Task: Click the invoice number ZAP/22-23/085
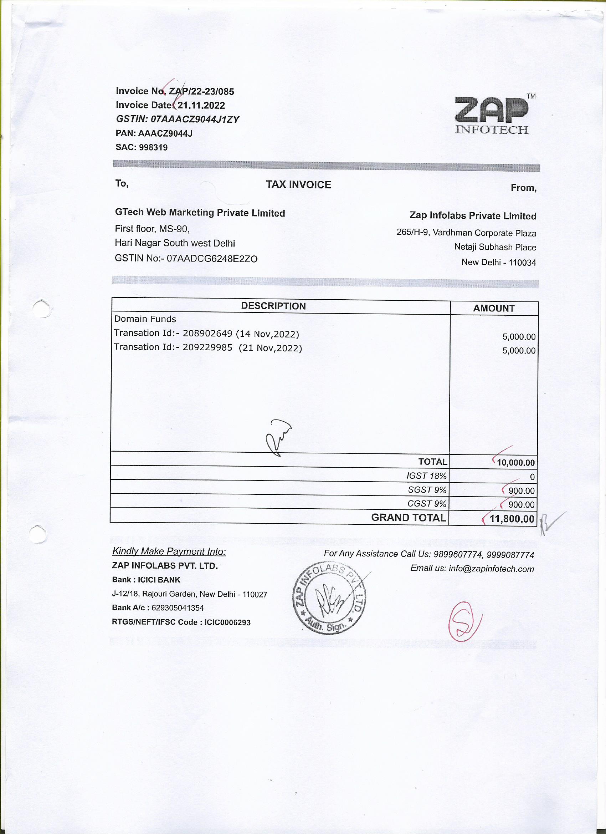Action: coord(201,92)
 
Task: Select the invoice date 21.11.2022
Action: coord(201,106)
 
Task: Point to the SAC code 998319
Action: coord(153,147)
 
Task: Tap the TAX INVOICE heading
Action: coord(298,184)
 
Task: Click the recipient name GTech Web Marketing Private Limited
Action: coord(200,213)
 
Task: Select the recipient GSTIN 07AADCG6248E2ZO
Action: coord(212,259)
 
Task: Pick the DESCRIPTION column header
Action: coord(273,306)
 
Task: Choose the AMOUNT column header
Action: coord(494,309)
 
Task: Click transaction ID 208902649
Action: coord(207,334)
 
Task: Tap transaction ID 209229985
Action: coord(207,347)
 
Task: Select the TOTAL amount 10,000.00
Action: coord(515,463)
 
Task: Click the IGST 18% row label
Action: coord(426,476)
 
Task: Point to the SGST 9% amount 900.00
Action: coord(522,491)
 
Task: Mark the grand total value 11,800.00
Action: coord(512,519)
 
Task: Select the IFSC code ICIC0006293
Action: coord(227,622)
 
